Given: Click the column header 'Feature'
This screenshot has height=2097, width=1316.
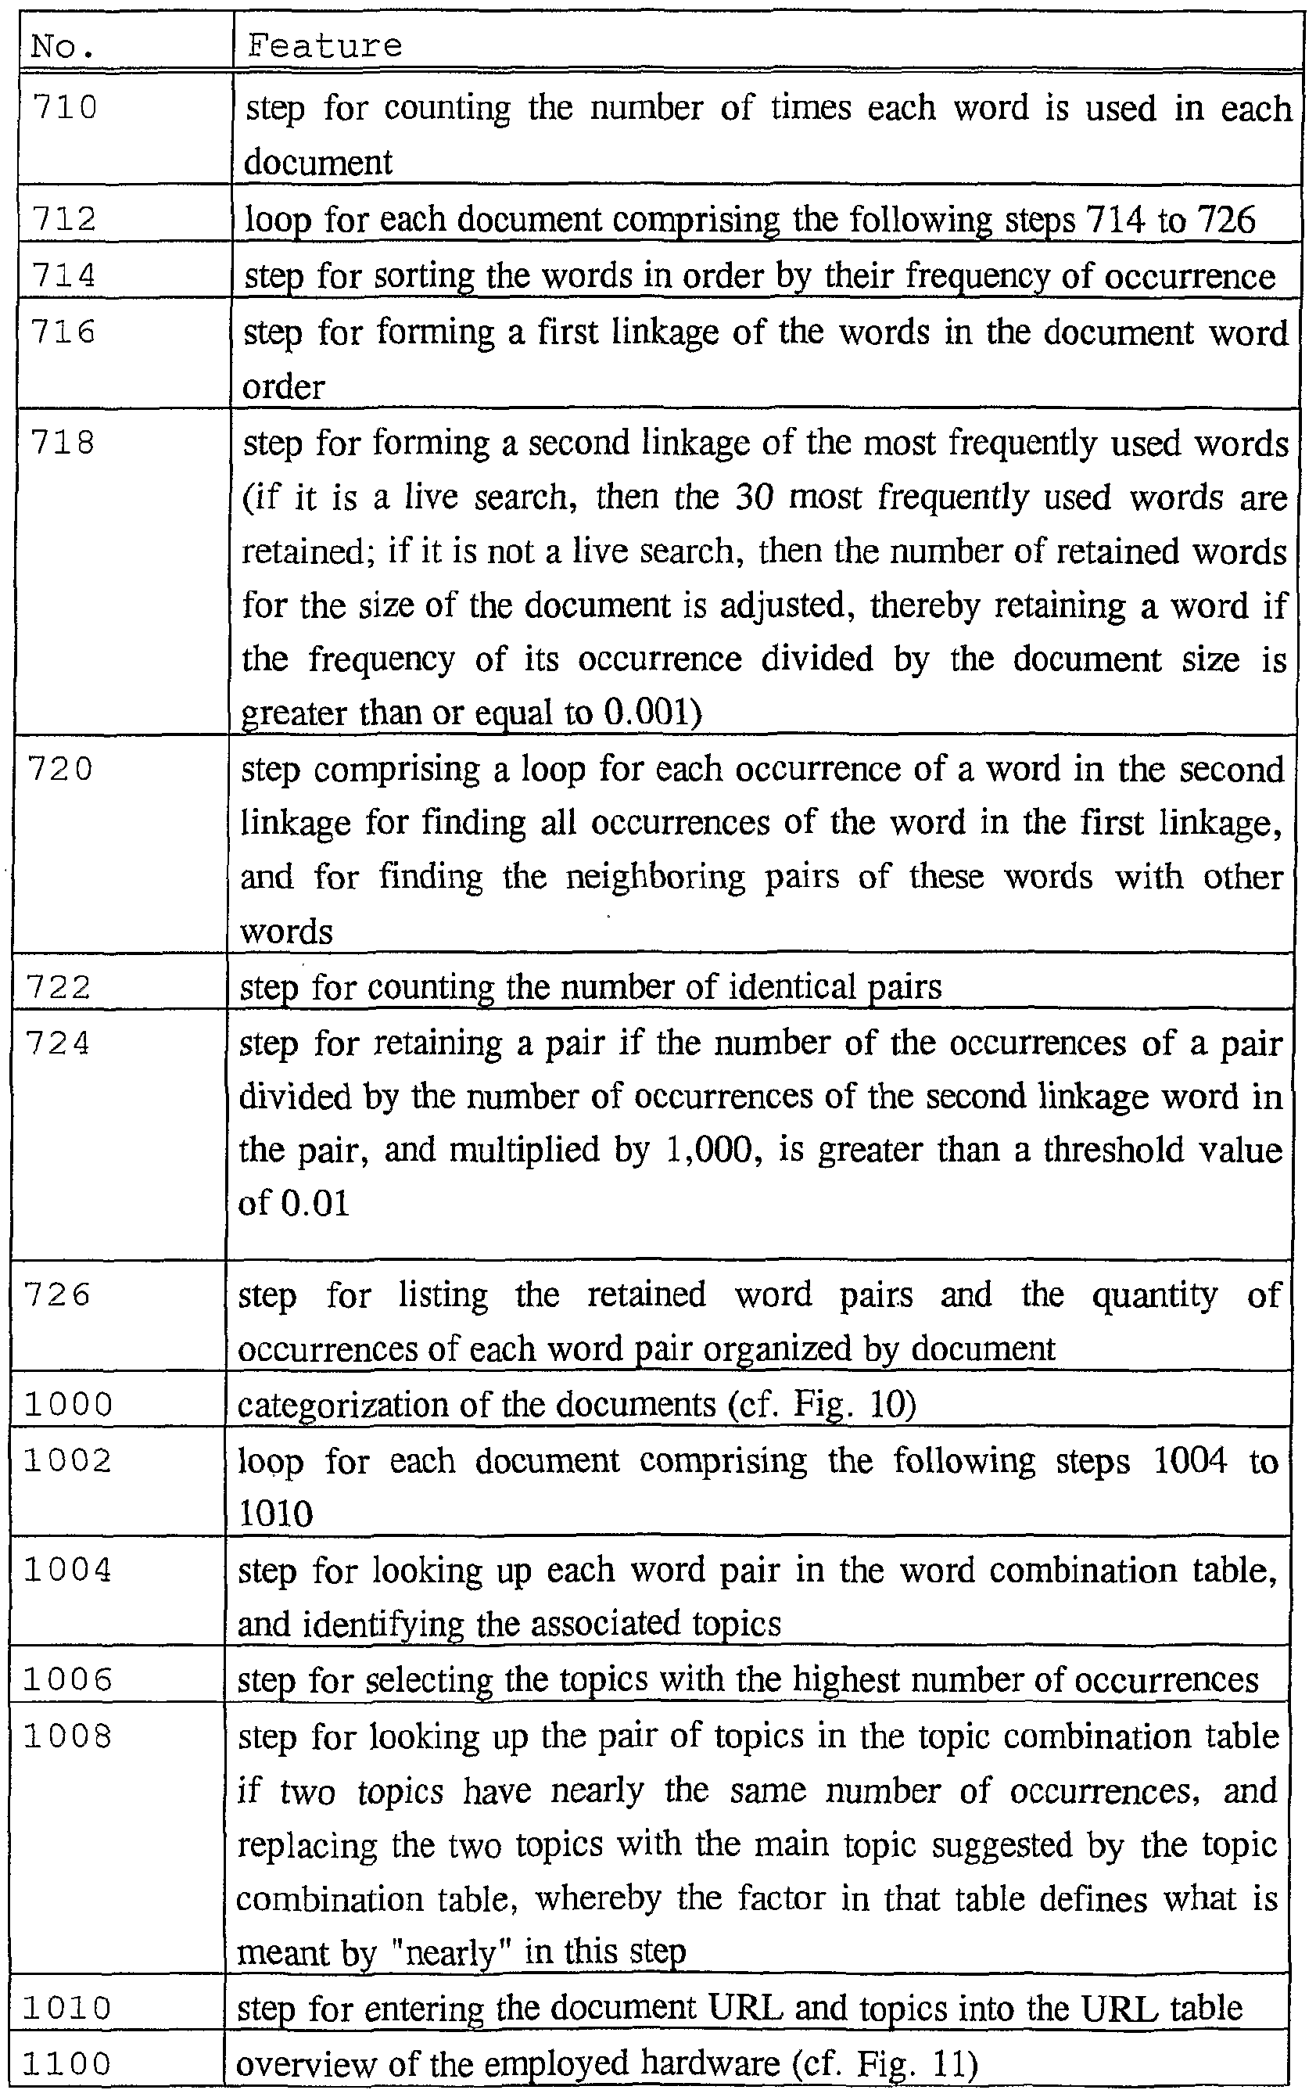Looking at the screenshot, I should pos(325,46).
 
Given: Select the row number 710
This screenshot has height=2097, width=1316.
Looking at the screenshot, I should pos(65,108).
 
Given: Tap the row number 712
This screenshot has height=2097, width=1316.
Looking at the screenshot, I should pos(63,218).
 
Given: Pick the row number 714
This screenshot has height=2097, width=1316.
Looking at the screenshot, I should pos(63,275).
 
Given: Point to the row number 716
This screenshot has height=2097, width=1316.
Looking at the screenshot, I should pos(63,332).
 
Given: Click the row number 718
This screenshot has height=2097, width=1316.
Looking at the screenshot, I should pos(63,443).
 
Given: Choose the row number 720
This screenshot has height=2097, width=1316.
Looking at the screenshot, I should pos(60,770).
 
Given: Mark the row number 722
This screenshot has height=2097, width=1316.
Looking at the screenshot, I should pos(59,987).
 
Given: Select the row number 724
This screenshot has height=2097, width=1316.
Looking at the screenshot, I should pos(59,1043).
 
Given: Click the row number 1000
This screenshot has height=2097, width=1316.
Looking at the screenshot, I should pos(68,1404).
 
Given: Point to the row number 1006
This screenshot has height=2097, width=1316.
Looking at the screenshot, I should pos(68,1679).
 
